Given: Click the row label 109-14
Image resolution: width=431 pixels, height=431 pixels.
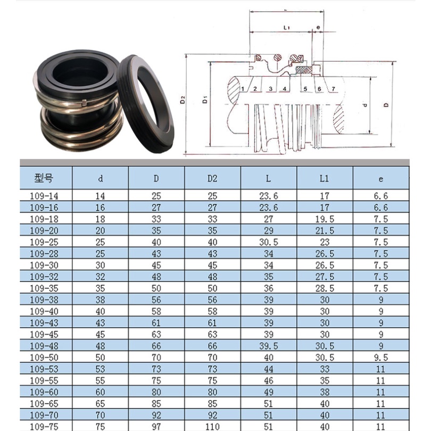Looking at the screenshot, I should (45, 196).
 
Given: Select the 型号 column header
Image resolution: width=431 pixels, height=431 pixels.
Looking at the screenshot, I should (45, 178).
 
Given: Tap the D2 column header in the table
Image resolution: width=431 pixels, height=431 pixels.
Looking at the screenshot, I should (212, 178).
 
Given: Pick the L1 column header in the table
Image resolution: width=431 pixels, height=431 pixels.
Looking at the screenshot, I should (325, 178).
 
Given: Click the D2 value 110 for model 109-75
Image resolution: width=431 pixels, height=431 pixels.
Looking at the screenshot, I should (212, 426).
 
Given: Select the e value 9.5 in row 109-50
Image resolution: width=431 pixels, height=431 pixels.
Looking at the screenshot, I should (381, 357).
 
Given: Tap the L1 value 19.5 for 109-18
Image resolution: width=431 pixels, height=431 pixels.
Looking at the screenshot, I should (325, 219).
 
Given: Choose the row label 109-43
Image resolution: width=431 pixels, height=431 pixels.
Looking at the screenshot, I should (45, 322).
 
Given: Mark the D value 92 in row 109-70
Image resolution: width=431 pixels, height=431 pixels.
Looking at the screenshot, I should (156, 415).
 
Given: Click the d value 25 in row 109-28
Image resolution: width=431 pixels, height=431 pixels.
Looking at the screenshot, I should (100, 253).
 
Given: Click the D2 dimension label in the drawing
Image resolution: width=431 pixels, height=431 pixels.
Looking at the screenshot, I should (183, 100).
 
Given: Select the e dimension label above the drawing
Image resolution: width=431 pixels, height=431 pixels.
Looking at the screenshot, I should (318, 27).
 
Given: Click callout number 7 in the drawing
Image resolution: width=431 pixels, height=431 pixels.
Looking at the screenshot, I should (333, 88).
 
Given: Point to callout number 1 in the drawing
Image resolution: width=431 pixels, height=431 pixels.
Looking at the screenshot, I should (242, 88).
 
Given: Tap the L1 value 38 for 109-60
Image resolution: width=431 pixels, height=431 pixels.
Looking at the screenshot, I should (325, 392).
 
